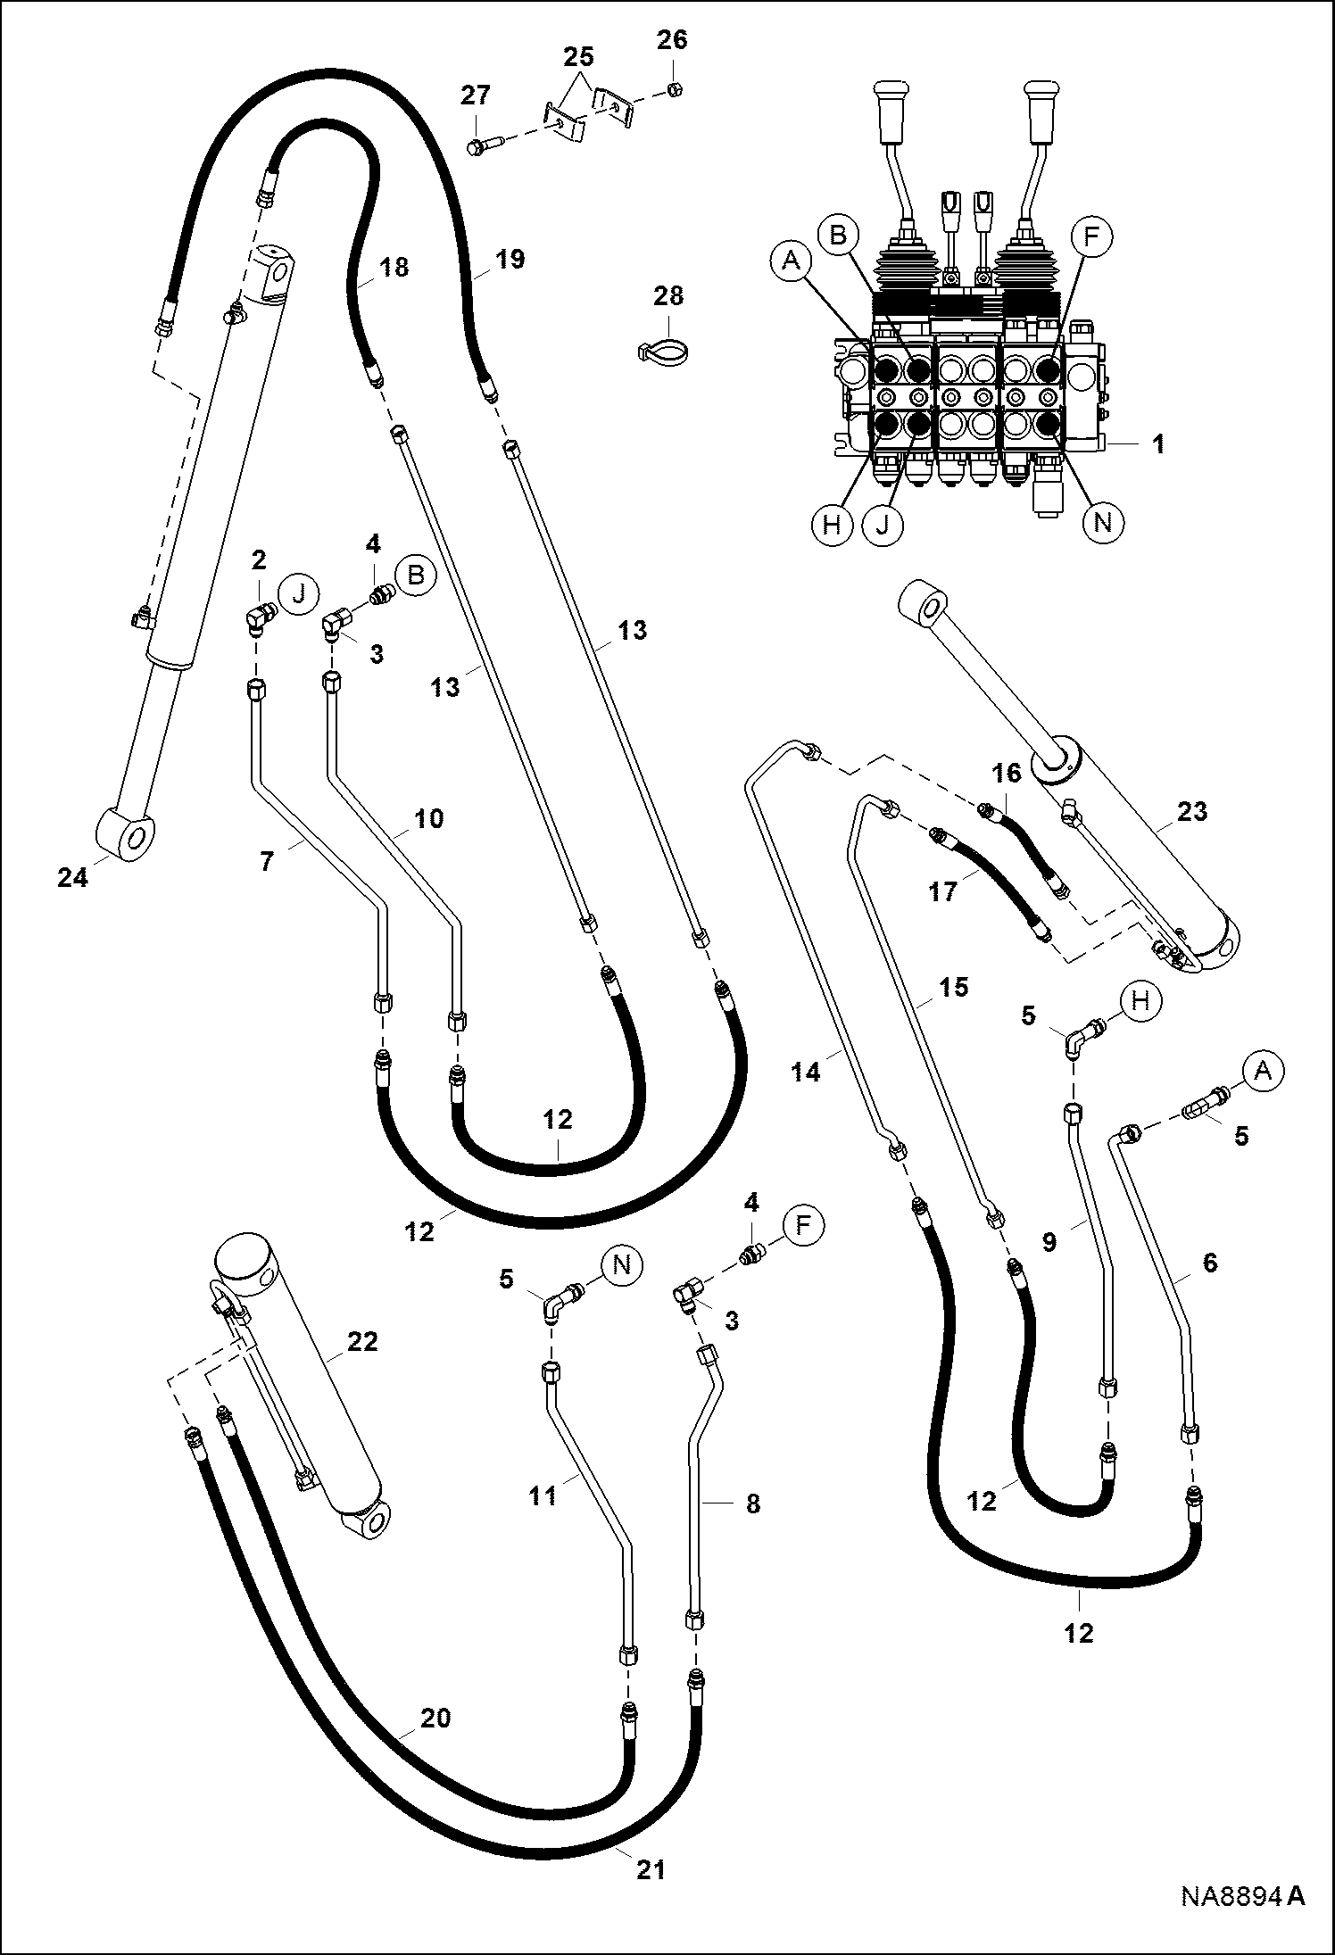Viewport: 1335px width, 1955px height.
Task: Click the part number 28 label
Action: click(x=667, y=296)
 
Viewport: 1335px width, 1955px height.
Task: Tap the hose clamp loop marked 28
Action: click(x=662, y=346)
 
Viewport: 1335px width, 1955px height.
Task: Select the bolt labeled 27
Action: click(x=485, y=142)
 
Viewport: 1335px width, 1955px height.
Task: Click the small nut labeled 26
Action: click(x=675, y=89)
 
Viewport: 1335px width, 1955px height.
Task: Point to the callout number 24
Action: click(x=73, y=878)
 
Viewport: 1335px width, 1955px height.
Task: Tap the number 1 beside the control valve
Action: click(x=1158, y=443)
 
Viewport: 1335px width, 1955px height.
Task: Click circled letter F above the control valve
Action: click(x=1091, y=236)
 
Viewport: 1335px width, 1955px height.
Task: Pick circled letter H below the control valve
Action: click(x=832, y=523)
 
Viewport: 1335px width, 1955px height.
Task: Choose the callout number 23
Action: click(x=1192, y=811)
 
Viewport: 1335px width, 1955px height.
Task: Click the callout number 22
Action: click(x=362, y=1340)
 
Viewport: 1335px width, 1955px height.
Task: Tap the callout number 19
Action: click(x=510, y=260)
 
